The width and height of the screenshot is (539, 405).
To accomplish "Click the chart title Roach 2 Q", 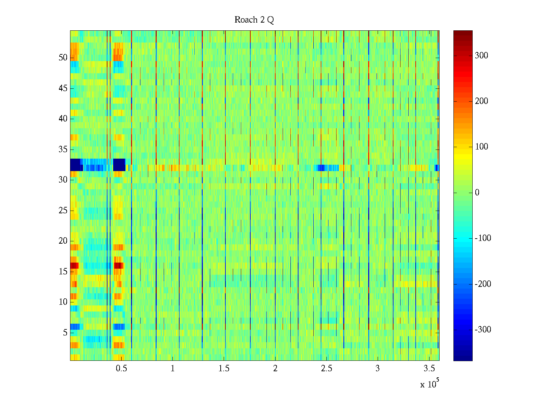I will coord(254,20).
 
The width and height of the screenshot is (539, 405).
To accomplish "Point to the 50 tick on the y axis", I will coord(63,58).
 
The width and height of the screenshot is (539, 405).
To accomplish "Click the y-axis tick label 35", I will coord(63,149).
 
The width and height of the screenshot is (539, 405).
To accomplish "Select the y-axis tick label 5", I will coord(65,333).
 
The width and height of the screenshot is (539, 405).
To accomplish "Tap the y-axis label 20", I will coord(63,241).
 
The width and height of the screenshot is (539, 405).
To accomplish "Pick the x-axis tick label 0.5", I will coord(121,369).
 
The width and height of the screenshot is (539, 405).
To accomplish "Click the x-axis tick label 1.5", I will coord(224,369).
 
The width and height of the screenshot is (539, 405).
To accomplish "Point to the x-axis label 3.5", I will coord(429,369).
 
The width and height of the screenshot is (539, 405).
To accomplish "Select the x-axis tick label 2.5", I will coord(326,369).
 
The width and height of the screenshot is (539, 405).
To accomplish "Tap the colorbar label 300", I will coord(481,56).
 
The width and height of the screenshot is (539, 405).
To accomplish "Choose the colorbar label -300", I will coord(483,330).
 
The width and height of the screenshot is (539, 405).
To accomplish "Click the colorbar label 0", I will coord(477,193).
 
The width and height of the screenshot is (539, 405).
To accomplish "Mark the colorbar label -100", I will coord(483,238).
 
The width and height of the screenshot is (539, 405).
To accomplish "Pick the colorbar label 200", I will coord(481,101).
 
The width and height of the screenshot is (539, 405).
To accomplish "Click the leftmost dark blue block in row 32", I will coord(76,165).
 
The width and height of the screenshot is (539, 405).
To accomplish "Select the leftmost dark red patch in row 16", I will coord(74,266).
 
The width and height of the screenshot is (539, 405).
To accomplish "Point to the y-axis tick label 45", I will coord(63,88).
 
